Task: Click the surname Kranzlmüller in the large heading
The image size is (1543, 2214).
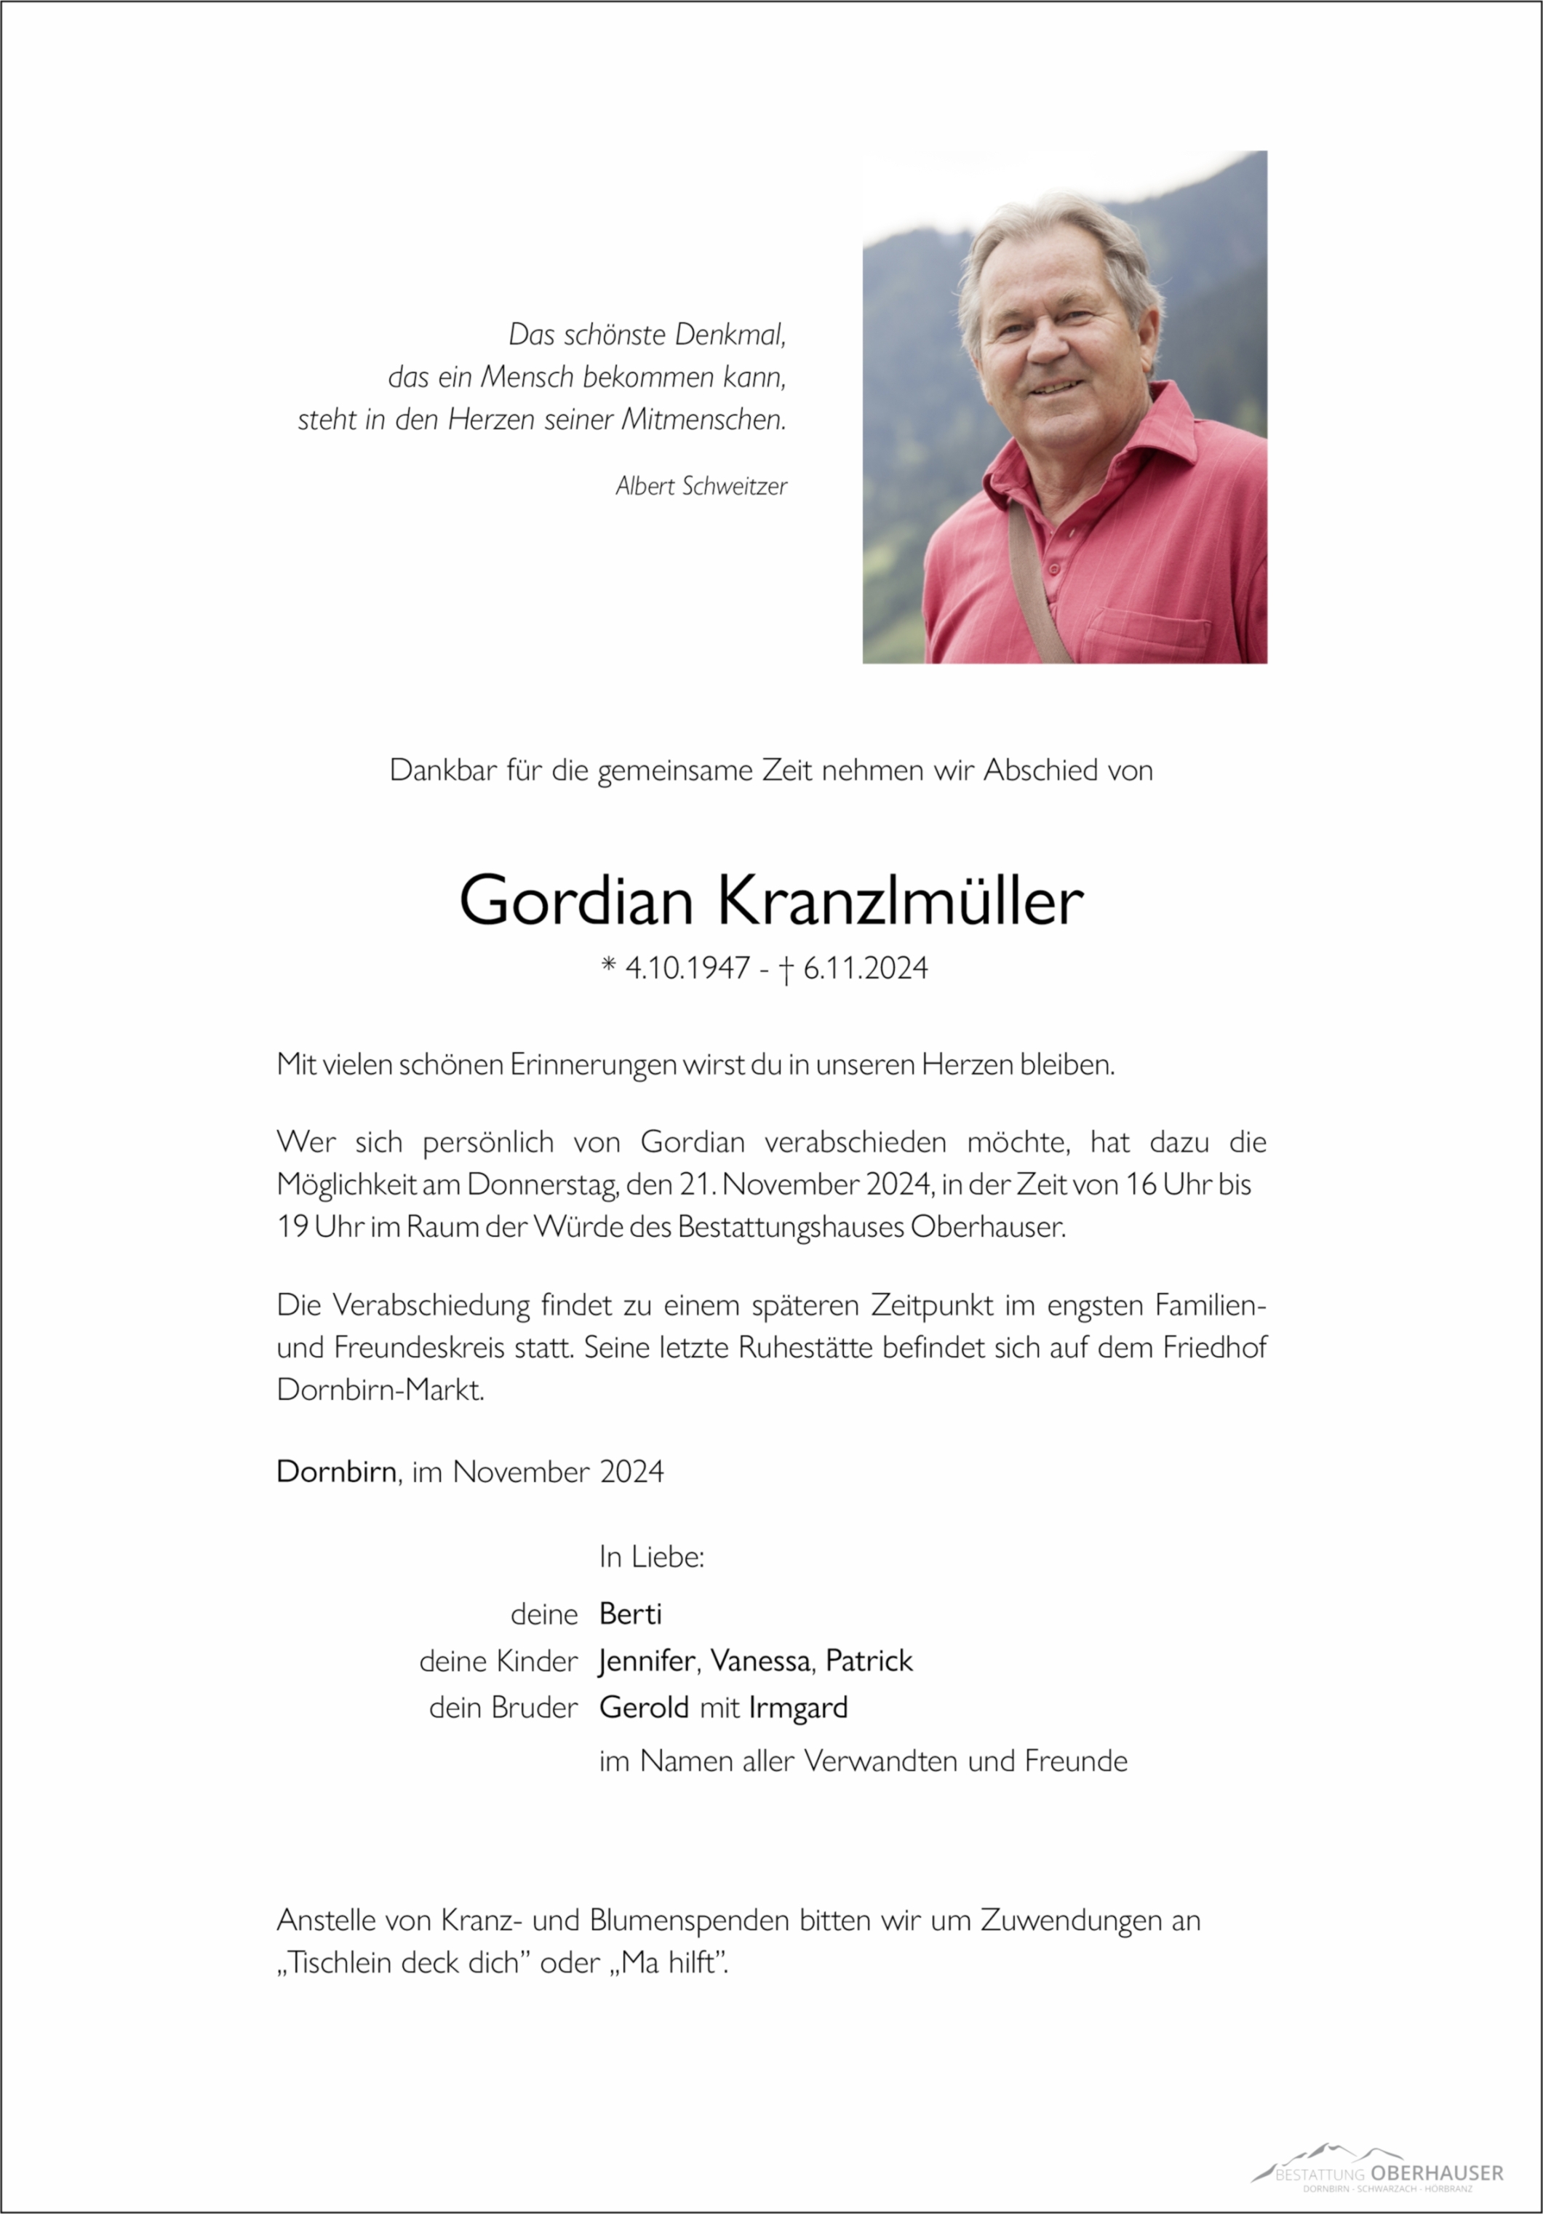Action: point(900,901)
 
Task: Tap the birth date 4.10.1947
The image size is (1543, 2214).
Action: point(687,968)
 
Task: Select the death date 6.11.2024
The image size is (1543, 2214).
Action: point(865,968)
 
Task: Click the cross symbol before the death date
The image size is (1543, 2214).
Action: point(786,969)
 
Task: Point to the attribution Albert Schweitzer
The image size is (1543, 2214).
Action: point(701,487)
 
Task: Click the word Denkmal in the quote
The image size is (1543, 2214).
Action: point(730,335)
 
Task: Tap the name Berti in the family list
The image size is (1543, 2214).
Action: point(630,1613)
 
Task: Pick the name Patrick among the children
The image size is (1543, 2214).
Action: point(869,1660)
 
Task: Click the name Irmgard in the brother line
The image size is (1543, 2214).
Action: point(797,1708)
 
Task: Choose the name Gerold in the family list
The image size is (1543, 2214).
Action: point(643,1708)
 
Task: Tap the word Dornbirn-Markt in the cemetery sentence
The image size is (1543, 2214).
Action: point(380,1390)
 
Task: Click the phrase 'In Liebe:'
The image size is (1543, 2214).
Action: point(652,1557)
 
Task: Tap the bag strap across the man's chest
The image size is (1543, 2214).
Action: point(1037,588)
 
